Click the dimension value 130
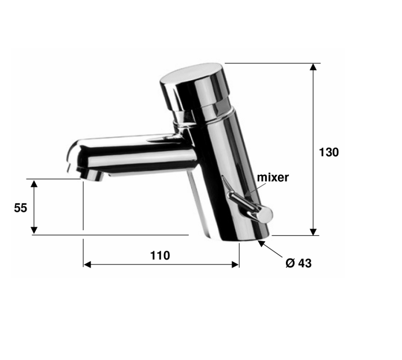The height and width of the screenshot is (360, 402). pos(329,152)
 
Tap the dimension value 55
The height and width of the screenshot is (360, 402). pos(21,208)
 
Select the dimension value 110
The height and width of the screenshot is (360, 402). pos(160,256)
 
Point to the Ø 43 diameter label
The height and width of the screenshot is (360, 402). pos(299,263)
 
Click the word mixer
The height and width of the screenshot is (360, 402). pos(273,177)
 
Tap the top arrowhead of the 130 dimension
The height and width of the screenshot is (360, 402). pos(313,66)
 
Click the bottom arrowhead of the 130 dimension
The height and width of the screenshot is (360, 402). pos(313,232)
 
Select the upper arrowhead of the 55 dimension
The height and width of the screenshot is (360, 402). pos(34,183)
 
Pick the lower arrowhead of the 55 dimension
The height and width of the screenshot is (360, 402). pos(34,230)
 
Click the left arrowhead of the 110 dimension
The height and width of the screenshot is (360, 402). pos(87,264)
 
